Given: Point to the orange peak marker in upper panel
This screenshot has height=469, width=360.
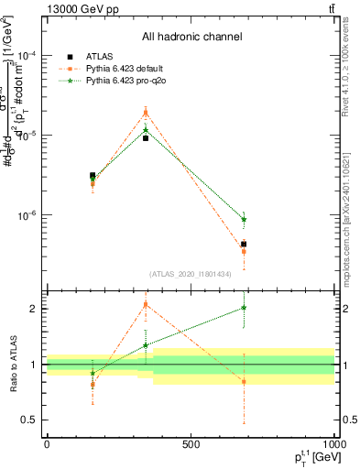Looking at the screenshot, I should (x=146, y=113).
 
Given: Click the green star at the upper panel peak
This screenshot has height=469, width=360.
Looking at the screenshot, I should (x=146, y=130).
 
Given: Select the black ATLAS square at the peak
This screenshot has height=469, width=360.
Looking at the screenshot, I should (x=146, y=138).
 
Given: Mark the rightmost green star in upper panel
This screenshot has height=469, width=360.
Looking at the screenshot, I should (x=244, y=219).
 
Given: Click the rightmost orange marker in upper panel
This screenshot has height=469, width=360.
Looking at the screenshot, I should (x=244, y=251).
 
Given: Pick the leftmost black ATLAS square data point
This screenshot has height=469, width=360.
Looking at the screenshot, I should (x=93, y=175).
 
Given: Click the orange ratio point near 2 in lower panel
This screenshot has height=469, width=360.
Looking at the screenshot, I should (x=146, y=304).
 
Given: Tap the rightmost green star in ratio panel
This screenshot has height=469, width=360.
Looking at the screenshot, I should (x=244, y=308).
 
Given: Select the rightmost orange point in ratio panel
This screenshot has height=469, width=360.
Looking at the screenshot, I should (x=244, y=381).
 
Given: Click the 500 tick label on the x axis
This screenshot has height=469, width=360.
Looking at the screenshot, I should (x=191, y=444).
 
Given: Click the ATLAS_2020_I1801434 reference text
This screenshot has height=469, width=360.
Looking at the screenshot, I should (x=191, y=274).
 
